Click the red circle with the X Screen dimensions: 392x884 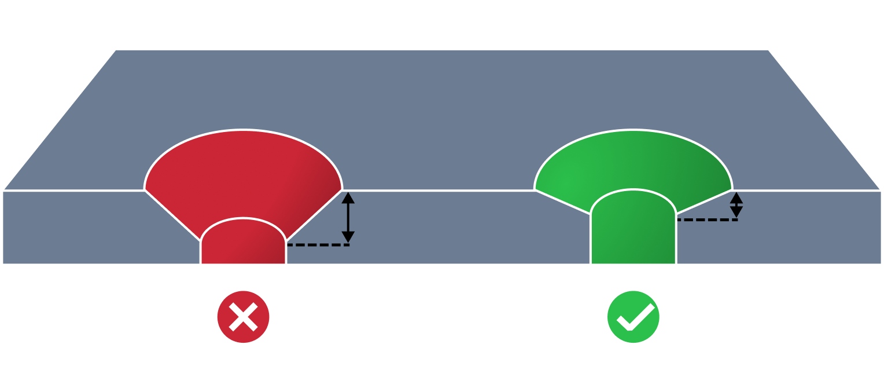(x=243, y=317)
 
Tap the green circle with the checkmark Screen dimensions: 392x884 (x=633, y=317)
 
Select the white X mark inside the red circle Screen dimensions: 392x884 (x=243, y=317)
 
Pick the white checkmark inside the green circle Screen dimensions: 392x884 (x=635, y=318)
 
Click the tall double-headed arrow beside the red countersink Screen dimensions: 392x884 (x=348, y=217)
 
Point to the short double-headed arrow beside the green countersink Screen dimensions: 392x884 (x=736, y=205)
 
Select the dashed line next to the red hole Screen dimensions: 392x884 (x=318, y=245)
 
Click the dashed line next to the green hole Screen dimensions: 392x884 (x=707, y=220)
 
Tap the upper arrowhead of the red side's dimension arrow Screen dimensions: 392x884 (x=348, y=197)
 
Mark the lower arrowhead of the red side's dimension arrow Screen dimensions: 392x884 (x=348, y=237)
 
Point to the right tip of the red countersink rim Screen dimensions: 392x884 (x=342, y=189)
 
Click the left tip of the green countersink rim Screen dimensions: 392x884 (x=535, y=189)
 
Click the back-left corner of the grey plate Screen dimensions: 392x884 (x=116, y=49)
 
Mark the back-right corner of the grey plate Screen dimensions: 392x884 (x=769, y=49)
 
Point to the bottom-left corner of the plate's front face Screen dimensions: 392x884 (x=2, y=265)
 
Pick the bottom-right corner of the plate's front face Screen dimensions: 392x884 (x=882, y=265)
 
